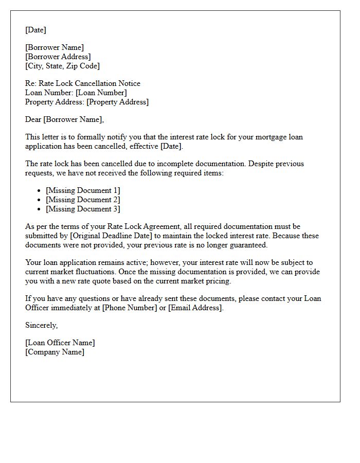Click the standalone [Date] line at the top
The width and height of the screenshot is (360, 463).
click(35, 30)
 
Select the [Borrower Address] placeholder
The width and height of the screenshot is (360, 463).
click(58, 57)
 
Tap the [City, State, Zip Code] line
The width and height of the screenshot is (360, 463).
click(62, 66)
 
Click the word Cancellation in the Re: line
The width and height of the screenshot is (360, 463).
click(107, 83)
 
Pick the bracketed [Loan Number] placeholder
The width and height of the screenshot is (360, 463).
click(101, 93)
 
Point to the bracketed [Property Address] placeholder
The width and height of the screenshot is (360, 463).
click(117, 102)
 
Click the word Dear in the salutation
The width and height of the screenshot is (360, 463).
click(33, 119)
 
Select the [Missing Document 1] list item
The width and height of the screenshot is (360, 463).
click(83, 190)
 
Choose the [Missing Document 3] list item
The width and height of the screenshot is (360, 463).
click(83, 209)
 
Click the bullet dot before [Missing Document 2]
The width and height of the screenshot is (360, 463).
click(40, 200)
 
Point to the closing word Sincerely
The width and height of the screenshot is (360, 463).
click(41, 325)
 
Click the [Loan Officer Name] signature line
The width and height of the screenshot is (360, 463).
click(60, 343)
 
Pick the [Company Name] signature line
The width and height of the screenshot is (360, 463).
click(55, 352)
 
